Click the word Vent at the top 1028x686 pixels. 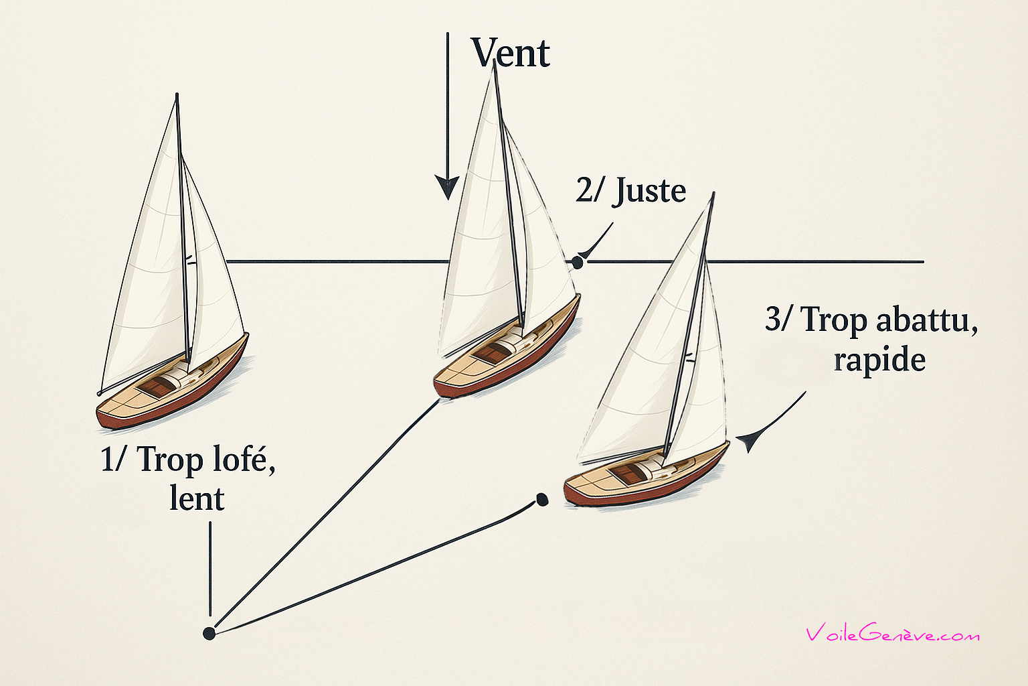click(511, 53)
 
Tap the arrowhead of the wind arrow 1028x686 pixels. click(446, 187)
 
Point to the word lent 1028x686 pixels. click(197, 498)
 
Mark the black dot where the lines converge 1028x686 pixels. click(209, 634)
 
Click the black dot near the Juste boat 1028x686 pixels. click(578, 263)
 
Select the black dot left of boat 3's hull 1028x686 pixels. click(542, 500)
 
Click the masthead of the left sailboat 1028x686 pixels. click(177, 95)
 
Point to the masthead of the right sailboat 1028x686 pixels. click(713, 195)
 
